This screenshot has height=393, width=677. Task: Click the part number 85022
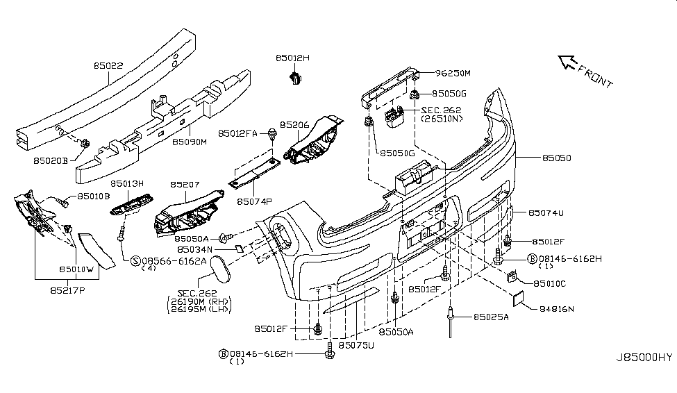108,67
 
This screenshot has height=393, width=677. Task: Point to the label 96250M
453,72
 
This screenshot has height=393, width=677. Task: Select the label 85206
294,125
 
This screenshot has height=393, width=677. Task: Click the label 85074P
254,202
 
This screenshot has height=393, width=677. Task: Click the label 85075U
356,345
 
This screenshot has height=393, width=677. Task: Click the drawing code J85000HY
644,358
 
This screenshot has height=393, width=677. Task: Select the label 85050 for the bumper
553,158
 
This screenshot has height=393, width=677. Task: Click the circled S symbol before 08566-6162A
135,260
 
